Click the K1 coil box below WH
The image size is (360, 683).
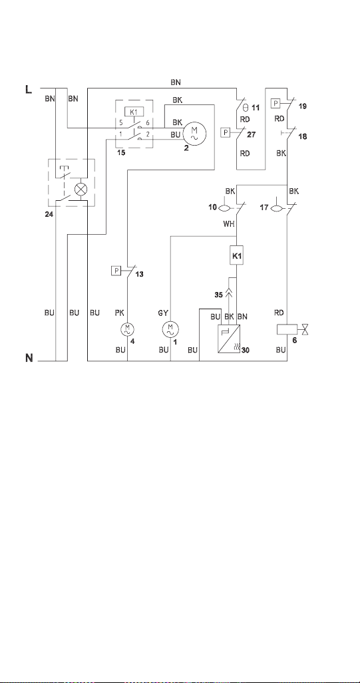(236, 256)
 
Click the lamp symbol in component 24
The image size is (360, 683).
(81, 189)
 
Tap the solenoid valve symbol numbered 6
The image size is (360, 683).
(292, 330)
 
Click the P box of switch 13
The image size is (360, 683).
(116, 271)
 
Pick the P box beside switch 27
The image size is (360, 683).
(226, 132)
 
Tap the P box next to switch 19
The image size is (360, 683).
(276, 104)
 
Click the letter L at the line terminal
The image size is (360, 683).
(29, 90)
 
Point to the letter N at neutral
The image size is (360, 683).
(29, 359)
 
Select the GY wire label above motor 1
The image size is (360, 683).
(163, 313)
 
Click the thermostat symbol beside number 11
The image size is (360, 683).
(245, 107)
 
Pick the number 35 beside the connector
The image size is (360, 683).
(218, 295)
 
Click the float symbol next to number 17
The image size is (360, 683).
(276, 208)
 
